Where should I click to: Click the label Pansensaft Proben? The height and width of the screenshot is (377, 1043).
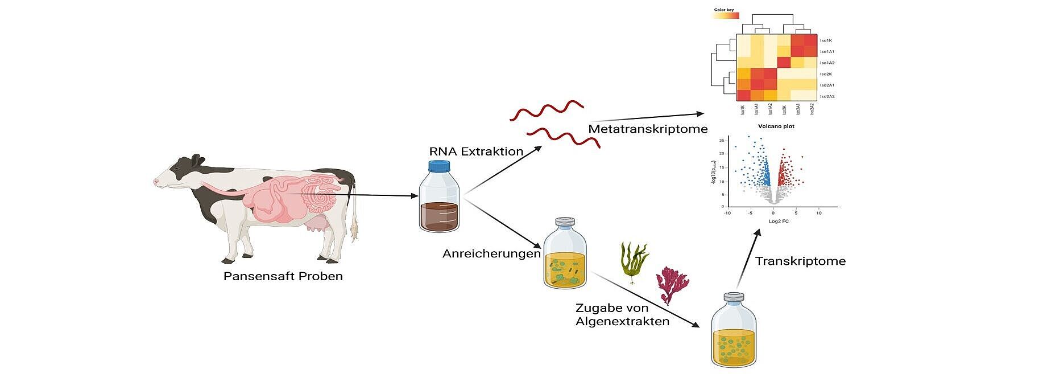283,277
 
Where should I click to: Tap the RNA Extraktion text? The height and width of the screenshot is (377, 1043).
476,151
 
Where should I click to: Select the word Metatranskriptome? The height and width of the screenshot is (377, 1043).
648,129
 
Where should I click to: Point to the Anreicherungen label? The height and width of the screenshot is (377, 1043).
491,253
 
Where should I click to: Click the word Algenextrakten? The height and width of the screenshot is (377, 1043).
622,322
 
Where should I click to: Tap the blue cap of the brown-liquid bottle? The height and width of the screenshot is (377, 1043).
438,166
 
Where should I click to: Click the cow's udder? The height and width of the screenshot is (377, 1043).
314,227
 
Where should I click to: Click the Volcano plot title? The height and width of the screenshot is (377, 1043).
776,126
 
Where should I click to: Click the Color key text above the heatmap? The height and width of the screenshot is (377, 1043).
725,10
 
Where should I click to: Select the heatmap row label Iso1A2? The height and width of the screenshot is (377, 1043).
827,63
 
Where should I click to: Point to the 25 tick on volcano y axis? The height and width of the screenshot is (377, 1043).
722,140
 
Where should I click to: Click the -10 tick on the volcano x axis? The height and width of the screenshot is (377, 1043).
727,213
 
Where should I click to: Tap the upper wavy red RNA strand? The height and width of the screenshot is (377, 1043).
547,110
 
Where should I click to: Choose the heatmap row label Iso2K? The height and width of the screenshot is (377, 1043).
826,74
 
